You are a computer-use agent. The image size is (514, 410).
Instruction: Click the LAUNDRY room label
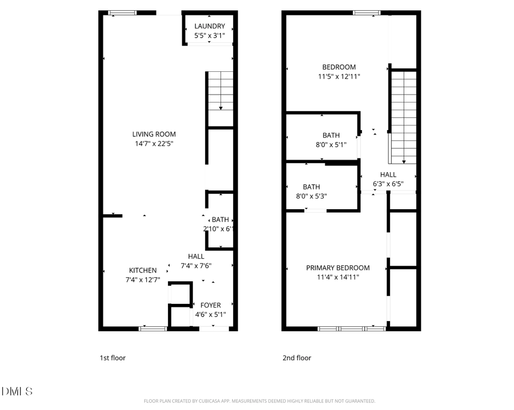coord(210,26)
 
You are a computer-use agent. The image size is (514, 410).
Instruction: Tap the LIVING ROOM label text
coord(154,135)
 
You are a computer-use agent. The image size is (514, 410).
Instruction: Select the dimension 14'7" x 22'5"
coord(153,144)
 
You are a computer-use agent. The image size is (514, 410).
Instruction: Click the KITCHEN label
coord(142,270)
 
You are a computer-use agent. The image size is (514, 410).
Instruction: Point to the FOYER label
coord(210,306)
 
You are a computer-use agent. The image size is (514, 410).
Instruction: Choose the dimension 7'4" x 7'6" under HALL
coord(196,266)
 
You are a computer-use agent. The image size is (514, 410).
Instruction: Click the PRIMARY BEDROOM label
coord(338,268)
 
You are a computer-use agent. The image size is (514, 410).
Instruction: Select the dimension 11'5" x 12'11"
coord(339,76)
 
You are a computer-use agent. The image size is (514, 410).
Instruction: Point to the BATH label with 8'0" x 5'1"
coord(331,135)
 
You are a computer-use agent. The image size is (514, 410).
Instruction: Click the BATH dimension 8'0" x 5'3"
coord(311,196)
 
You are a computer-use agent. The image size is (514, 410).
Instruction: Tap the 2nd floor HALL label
coord(388,174)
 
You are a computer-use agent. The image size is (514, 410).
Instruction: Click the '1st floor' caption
coord(113,358)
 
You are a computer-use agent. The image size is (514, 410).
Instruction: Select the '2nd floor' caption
coord(297,358)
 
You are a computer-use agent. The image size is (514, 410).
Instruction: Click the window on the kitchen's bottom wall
coord(153,328)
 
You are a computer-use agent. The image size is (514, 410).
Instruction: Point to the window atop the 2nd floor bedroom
coord(366,13)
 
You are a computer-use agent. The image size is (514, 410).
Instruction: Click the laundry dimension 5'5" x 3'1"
coord(210,35)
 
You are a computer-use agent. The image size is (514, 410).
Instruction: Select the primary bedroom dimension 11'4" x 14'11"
coord(338,278)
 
